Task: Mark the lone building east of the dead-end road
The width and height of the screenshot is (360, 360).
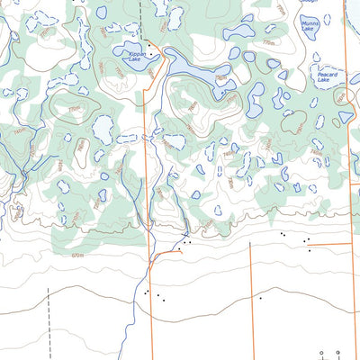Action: pos(260,297)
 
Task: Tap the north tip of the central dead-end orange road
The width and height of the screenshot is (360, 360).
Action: pos(249,246)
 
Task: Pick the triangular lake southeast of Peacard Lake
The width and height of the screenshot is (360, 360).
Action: pos(346,117)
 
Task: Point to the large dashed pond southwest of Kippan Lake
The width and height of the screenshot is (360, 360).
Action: pos(103,130)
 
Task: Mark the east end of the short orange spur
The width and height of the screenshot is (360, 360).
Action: pos(179,251)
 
